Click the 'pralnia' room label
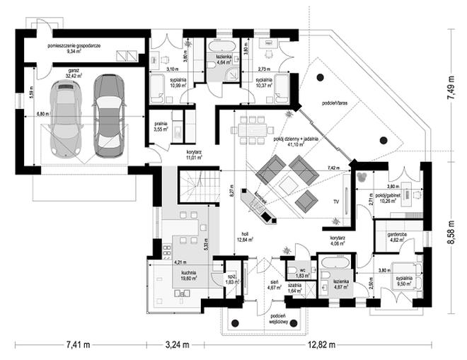[161, 125]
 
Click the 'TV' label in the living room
[335, 202]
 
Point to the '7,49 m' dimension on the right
[451, 91]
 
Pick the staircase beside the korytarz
[190, 188]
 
